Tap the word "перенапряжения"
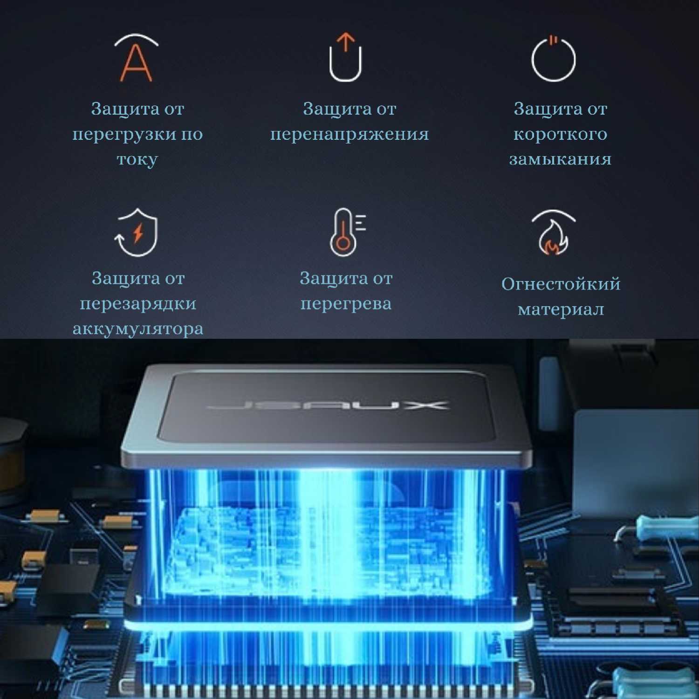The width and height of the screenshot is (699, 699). [x=349, y=134]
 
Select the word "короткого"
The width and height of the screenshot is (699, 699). [x=560, y=134]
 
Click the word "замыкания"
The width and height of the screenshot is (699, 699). [x=560, y=159]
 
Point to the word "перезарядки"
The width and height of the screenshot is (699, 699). [x=138, y=304]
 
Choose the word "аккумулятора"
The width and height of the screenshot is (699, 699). [x=138, y=329]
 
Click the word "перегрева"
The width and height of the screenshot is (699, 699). [x=346, y=304]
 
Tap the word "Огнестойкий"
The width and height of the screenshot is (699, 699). [x=561, y=284]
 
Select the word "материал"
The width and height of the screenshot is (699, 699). [x=561, y=309]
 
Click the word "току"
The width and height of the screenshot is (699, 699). [x=137, y=160]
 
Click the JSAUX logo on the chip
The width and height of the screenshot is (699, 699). [x=328, y=404]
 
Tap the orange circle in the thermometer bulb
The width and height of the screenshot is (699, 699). [x=343, y=243]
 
